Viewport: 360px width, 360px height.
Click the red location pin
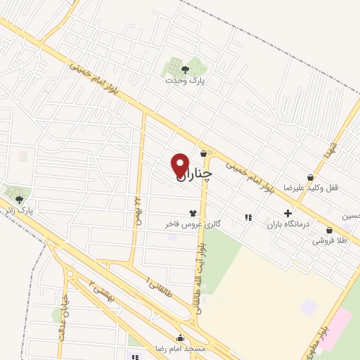coord(180,165)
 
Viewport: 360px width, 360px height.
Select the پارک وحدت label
coord(185,81)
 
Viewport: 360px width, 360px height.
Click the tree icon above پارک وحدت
coord(185,69)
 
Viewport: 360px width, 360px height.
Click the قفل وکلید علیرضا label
coord(307,188)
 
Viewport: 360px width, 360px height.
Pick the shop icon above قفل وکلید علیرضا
coord(310,177)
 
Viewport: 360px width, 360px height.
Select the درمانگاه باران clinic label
coord(288,226)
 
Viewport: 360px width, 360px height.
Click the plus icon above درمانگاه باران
coord(288,214)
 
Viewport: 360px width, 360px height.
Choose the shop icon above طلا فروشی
coord(329,229)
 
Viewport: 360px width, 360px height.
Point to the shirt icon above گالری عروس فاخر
coord(192,212)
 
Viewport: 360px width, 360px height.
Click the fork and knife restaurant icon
coord(247,217)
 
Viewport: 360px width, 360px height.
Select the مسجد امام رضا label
coord(181,349)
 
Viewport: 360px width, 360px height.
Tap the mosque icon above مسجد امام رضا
coord(181,337)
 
